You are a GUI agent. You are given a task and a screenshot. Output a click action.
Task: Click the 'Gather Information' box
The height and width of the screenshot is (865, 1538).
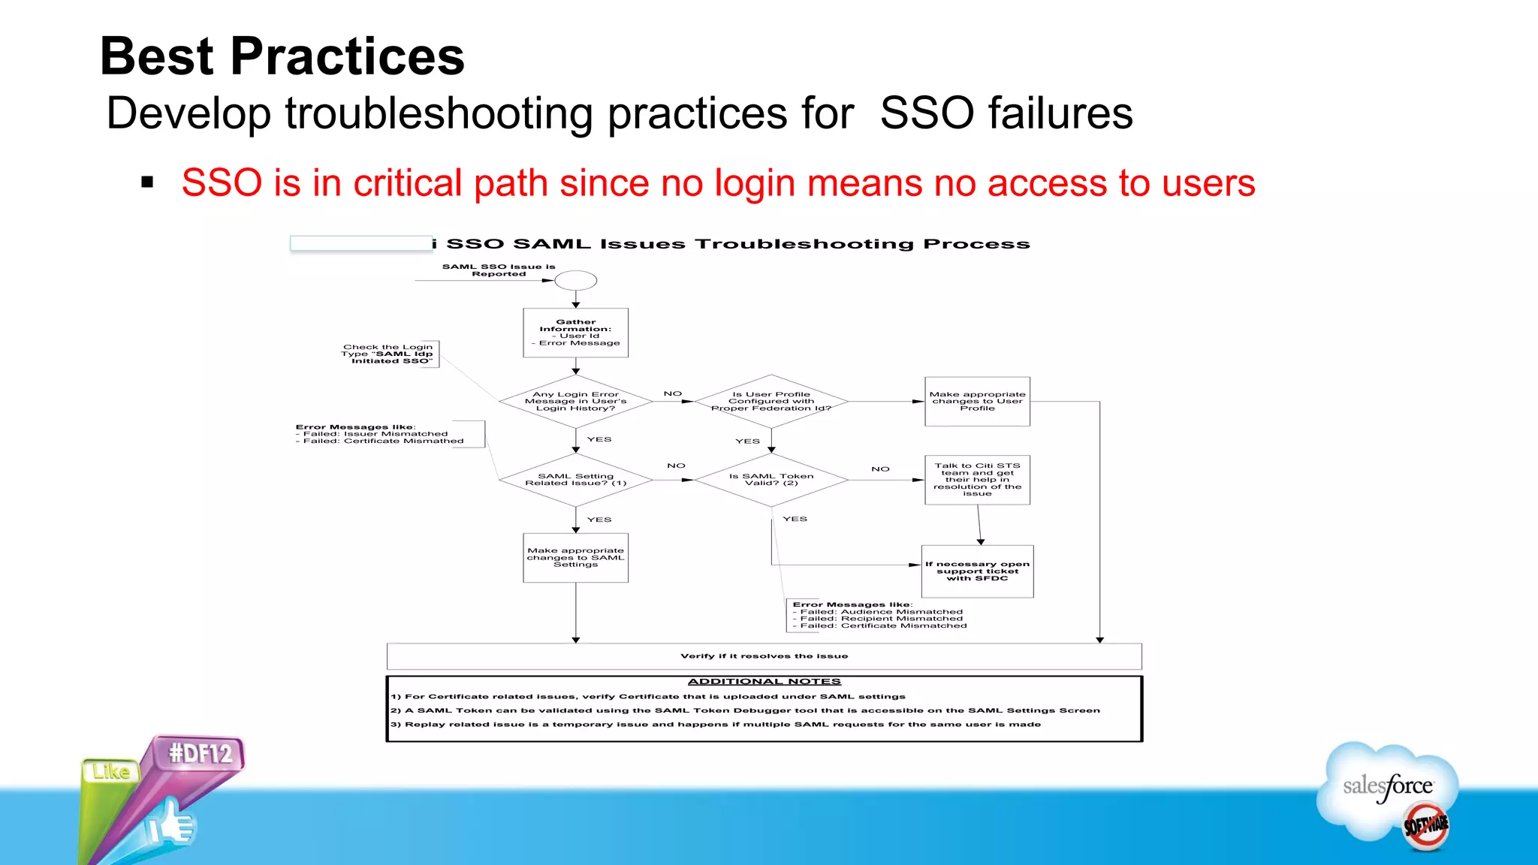coord(575,333)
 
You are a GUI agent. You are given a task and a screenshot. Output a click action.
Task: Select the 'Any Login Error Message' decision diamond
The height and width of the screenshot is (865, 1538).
coord(575,402)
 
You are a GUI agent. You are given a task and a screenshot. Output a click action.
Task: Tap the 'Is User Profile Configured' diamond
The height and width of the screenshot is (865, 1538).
coord(771,402)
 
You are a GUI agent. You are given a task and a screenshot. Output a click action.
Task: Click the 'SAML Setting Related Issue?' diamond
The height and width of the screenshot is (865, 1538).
coord(575,480)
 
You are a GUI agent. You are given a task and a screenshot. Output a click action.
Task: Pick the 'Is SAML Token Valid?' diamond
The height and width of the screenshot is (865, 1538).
coord(771,480)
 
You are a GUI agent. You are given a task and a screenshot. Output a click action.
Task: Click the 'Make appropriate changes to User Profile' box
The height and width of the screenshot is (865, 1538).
coord(977,402)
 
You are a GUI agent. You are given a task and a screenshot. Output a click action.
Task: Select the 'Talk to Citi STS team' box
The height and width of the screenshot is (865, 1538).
coord(977,480)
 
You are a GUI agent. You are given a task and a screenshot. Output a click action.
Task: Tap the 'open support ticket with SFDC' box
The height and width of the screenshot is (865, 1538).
coord(977,571)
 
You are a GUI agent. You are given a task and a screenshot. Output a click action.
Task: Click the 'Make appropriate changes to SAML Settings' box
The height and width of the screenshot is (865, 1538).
coord(575,558)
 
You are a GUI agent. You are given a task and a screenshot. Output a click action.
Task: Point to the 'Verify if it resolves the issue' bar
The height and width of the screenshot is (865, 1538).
coord(764,656)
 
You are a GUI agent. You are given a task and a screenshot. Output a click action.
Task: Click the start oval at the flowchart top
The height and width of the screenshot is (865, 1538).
coord(575,281)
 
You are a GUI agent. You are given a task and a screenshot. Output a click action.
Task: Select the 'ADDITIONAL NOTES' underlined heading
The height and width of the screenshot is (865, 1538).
coord(764,682)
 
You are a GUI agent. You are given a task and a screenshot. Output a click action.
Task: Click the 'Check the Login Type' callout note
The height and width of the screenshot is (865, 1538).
coord(388,354)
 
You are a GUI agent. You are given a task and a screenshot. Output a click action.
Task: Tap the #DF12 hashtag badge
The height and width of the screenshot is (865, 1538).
coord(200,753)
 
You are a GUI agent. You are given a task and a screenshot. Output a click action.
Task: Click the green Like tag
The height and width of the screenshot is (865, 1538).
coord(111,772)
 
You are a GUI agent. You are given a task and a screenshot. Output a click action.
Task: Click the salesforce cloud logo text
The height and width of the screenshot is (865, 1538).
coord(1387,786)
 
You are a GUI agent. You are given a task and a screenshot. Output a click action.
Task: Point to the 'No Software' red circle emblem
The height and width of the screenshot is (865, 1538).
coord(1425,826)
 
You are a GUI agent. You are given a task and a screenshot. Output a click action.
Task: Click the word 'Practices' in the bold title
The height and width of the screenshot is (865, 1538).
coord(347,57)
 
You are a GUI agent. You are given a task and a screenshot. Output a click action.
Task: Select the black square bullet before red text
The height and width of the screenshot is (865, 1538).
coord(147,182)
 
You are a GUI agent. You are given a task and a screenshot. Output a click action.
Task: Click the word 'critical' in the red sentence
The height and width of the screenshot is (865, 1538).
coord(408,184)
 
